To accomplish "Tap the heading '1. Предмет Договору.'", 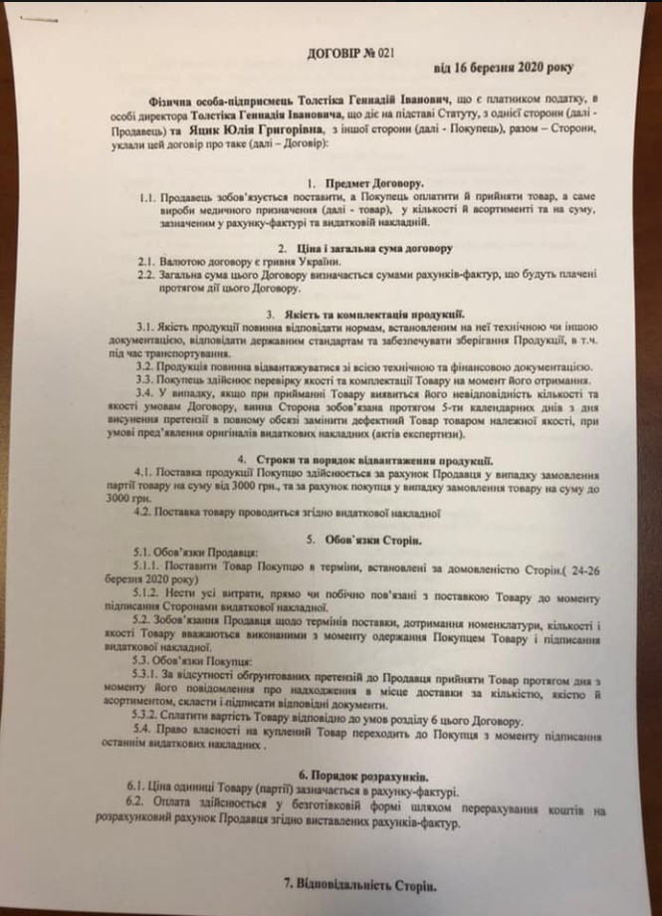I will tap(364, 185).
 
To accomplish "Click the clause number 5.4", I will tap(143, 731).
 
